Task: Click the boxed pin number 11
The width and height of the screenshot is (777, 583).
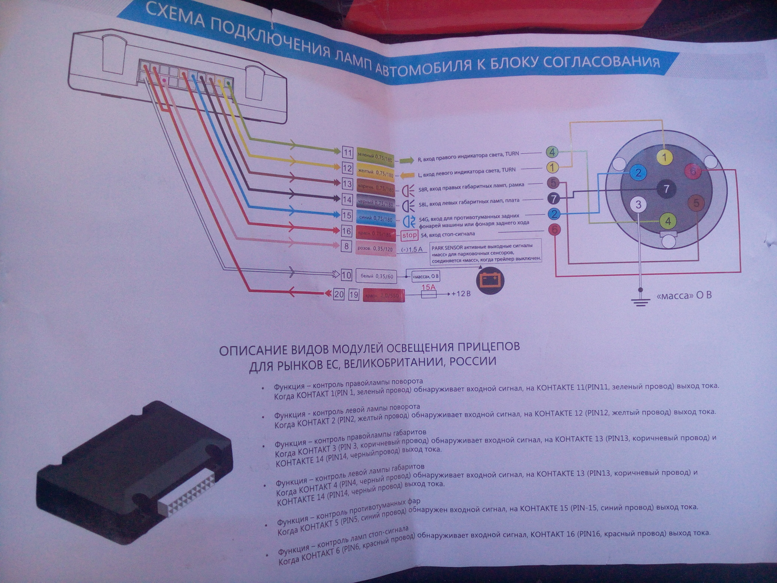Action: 347,152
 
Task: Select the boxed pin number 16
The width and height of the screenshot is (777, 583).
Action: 346,231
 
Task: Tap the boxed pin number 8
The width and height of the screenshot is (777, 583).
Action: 346,246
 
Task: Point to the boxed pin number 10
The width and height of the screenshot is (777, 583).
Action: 346,275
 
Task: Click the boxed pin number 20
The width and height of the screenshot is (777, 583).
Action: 339,294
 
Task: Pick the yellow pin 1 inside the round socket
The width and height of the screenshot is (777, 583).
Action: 664,157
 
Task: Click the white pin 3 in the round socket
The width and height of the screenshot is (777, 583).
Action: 638,204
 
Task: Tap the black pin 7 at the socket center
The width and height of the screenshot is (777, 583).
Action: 666,188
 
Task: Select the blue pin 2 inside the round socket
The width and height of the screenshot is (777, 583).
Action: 638,173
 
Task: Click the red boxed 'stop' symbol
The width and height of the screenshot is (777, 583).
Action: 409,235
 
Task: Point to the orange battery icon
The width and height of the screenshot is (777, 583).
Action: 490,280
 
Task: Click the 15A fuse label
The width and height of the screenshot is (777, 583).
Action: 429,287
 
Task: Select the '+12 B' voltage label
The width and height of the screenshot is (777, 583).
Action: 461,294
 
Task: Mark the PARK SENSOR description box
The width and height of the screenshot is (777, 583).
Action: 485,253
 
